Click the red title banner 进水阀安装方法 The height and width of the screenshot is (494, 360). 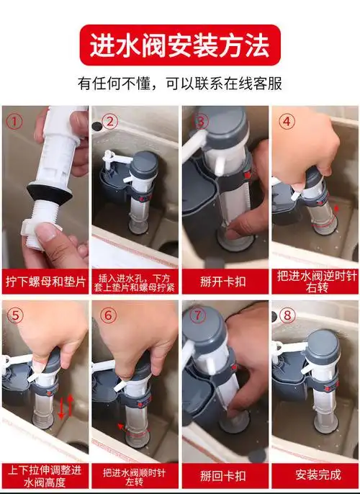click(x=179, y=45)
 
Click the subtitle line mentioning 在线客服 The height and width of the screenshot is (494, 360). click(x=179, y=84)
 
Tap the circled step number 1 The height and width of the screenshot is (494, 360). click(x=14, y=121)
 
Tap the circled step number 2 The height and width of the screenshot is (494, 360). click(x=110, y=121)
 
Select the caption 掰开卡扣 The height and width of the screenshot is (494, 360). click(x=223, y=279)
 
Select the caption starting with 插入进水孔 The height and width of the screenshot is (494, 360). click(x=134, y=279)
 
